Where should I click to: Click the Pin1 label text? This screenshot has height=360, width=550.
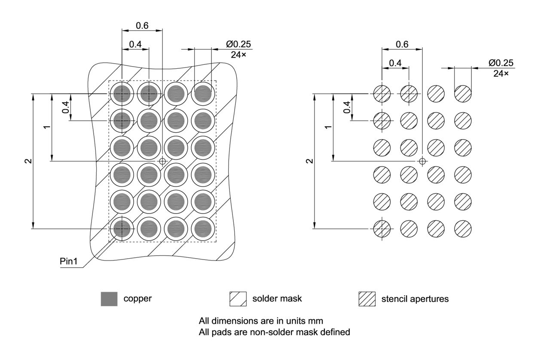69,262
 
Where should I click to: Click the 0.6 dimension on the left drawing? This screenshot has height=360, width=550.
142,26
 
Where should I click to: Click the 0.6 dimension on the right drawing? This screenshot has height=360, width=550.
402,44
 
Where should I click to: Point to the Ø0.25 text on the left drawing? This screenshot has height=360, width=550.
238,44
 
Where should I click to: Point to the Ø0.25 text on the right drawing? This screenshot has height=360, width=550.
501,63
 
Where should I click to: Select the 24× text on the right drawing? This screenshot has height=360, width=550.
501,73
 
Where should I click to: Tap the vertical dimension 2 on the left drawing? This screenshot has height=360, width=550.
28,161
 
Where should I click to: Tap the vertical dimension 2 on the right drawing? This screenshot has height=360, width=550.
309,161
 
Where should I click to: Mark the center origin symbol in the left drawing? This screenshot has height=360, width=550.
162,161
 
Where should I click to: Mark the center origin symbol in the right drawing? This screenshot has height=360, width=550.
422,161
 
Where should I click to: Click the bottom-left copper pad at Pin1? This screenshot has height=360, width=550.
122,229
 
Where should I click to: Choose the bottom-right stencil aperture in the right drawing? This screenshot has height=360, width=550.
463,229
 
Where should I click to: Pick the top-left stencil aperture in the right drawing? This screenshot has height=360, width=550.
382,93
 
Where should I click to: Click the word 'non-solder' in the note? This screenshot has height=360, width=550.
249,332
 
